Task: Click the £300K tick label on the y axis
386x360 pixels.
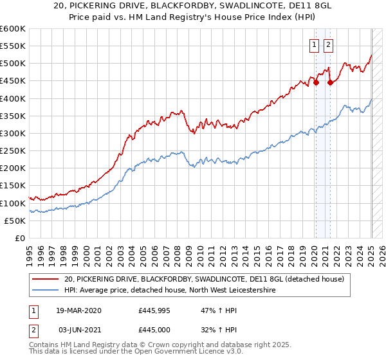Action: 13,134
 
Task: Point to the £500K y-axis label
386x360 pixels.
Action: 13,64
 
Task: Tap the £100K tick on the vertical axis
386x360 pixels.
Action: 13,203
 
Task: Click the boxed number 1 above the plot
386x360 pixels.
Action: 315,45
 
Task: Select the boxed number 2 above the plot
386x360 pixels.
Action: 328,45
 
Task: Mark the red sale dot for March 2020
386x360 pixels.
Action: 316,82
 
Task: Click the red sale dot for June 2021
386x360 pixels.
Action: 330,82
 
